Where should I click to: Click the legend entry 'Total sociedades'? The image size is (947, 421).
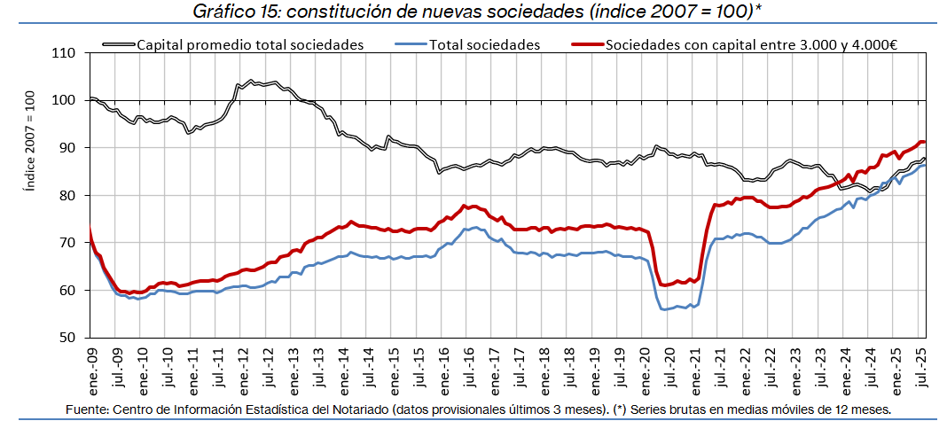point(484,43)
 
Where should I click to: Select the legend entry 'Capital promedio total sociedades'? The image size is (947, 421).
point(250,43)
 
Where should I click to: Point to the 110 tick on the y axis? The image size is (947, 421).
point(64,53)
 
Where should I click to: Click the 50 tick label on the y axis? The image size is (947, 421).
point(67,338)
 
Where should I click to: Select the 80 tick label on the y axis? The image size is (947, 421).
point(67,195)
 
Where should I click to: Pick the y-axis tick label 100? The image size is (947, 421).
point(64,100)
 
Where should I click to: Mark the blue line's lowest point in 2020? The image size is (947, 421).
point(663,309)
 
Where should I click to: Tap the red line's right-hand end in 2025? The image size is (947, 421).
point(924,142)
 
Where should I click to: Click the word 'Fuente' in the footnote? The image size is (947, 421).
point(86,408)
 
